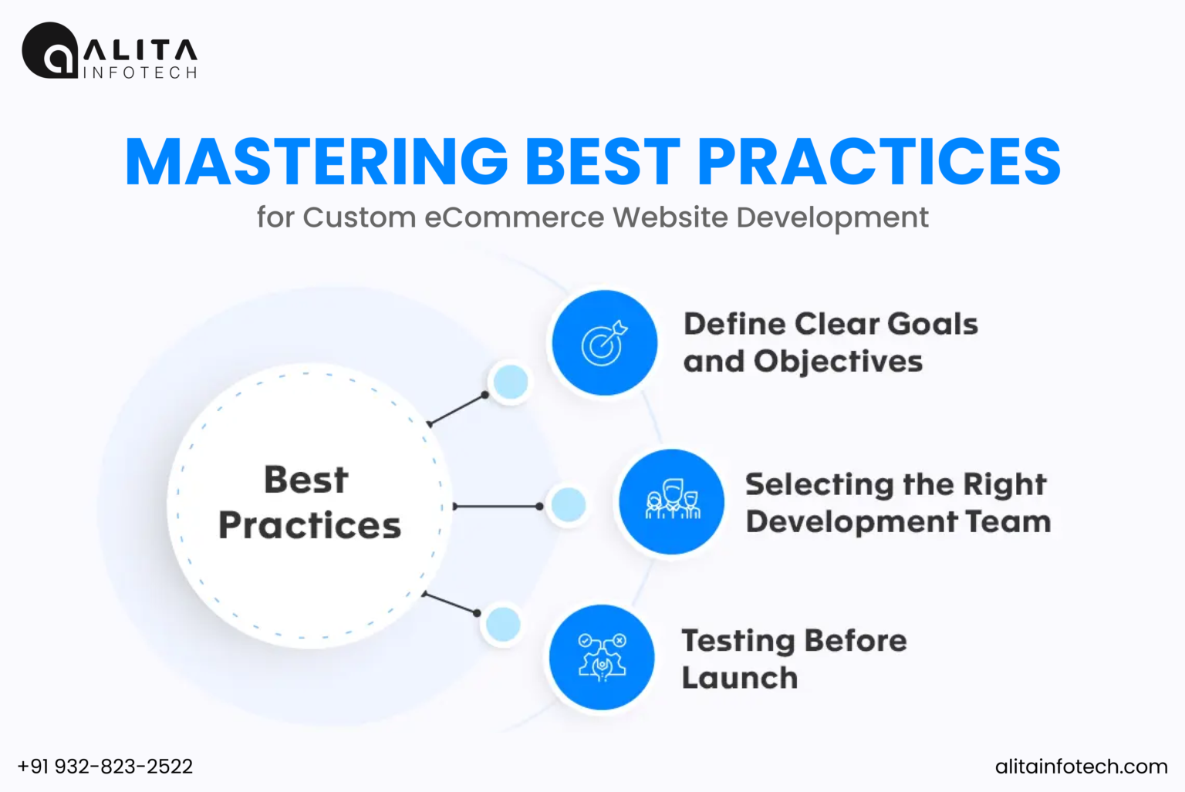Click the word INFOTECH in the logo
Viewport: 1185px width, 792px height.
(140, 72)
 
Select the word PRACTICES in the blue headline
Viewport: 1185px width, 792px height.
(879, 162)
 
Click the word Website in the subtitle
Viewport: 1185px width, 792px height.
(670, 217)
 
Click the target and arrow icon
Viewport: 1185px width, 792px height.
(605, 343)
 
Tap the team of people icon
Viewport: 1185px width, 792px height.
(672, 502)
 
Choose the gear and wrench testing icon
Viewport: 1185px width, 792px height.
(602, 658)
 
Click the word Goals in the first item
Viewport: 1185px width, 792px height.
(932, 324)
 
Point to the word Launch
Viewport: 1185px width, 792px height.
(739, 678)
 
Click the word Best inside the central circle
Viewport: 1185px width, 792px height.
(306, 480)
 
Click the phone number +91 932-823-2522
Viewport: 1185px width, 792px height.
(105, 767)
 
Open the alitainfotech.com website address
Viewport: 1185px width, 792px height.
(1081, 767)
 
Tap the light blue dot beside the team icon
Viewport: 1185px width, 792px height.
(569, 505)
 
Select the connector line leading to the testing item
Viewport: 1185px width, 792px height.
(451, 603)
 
